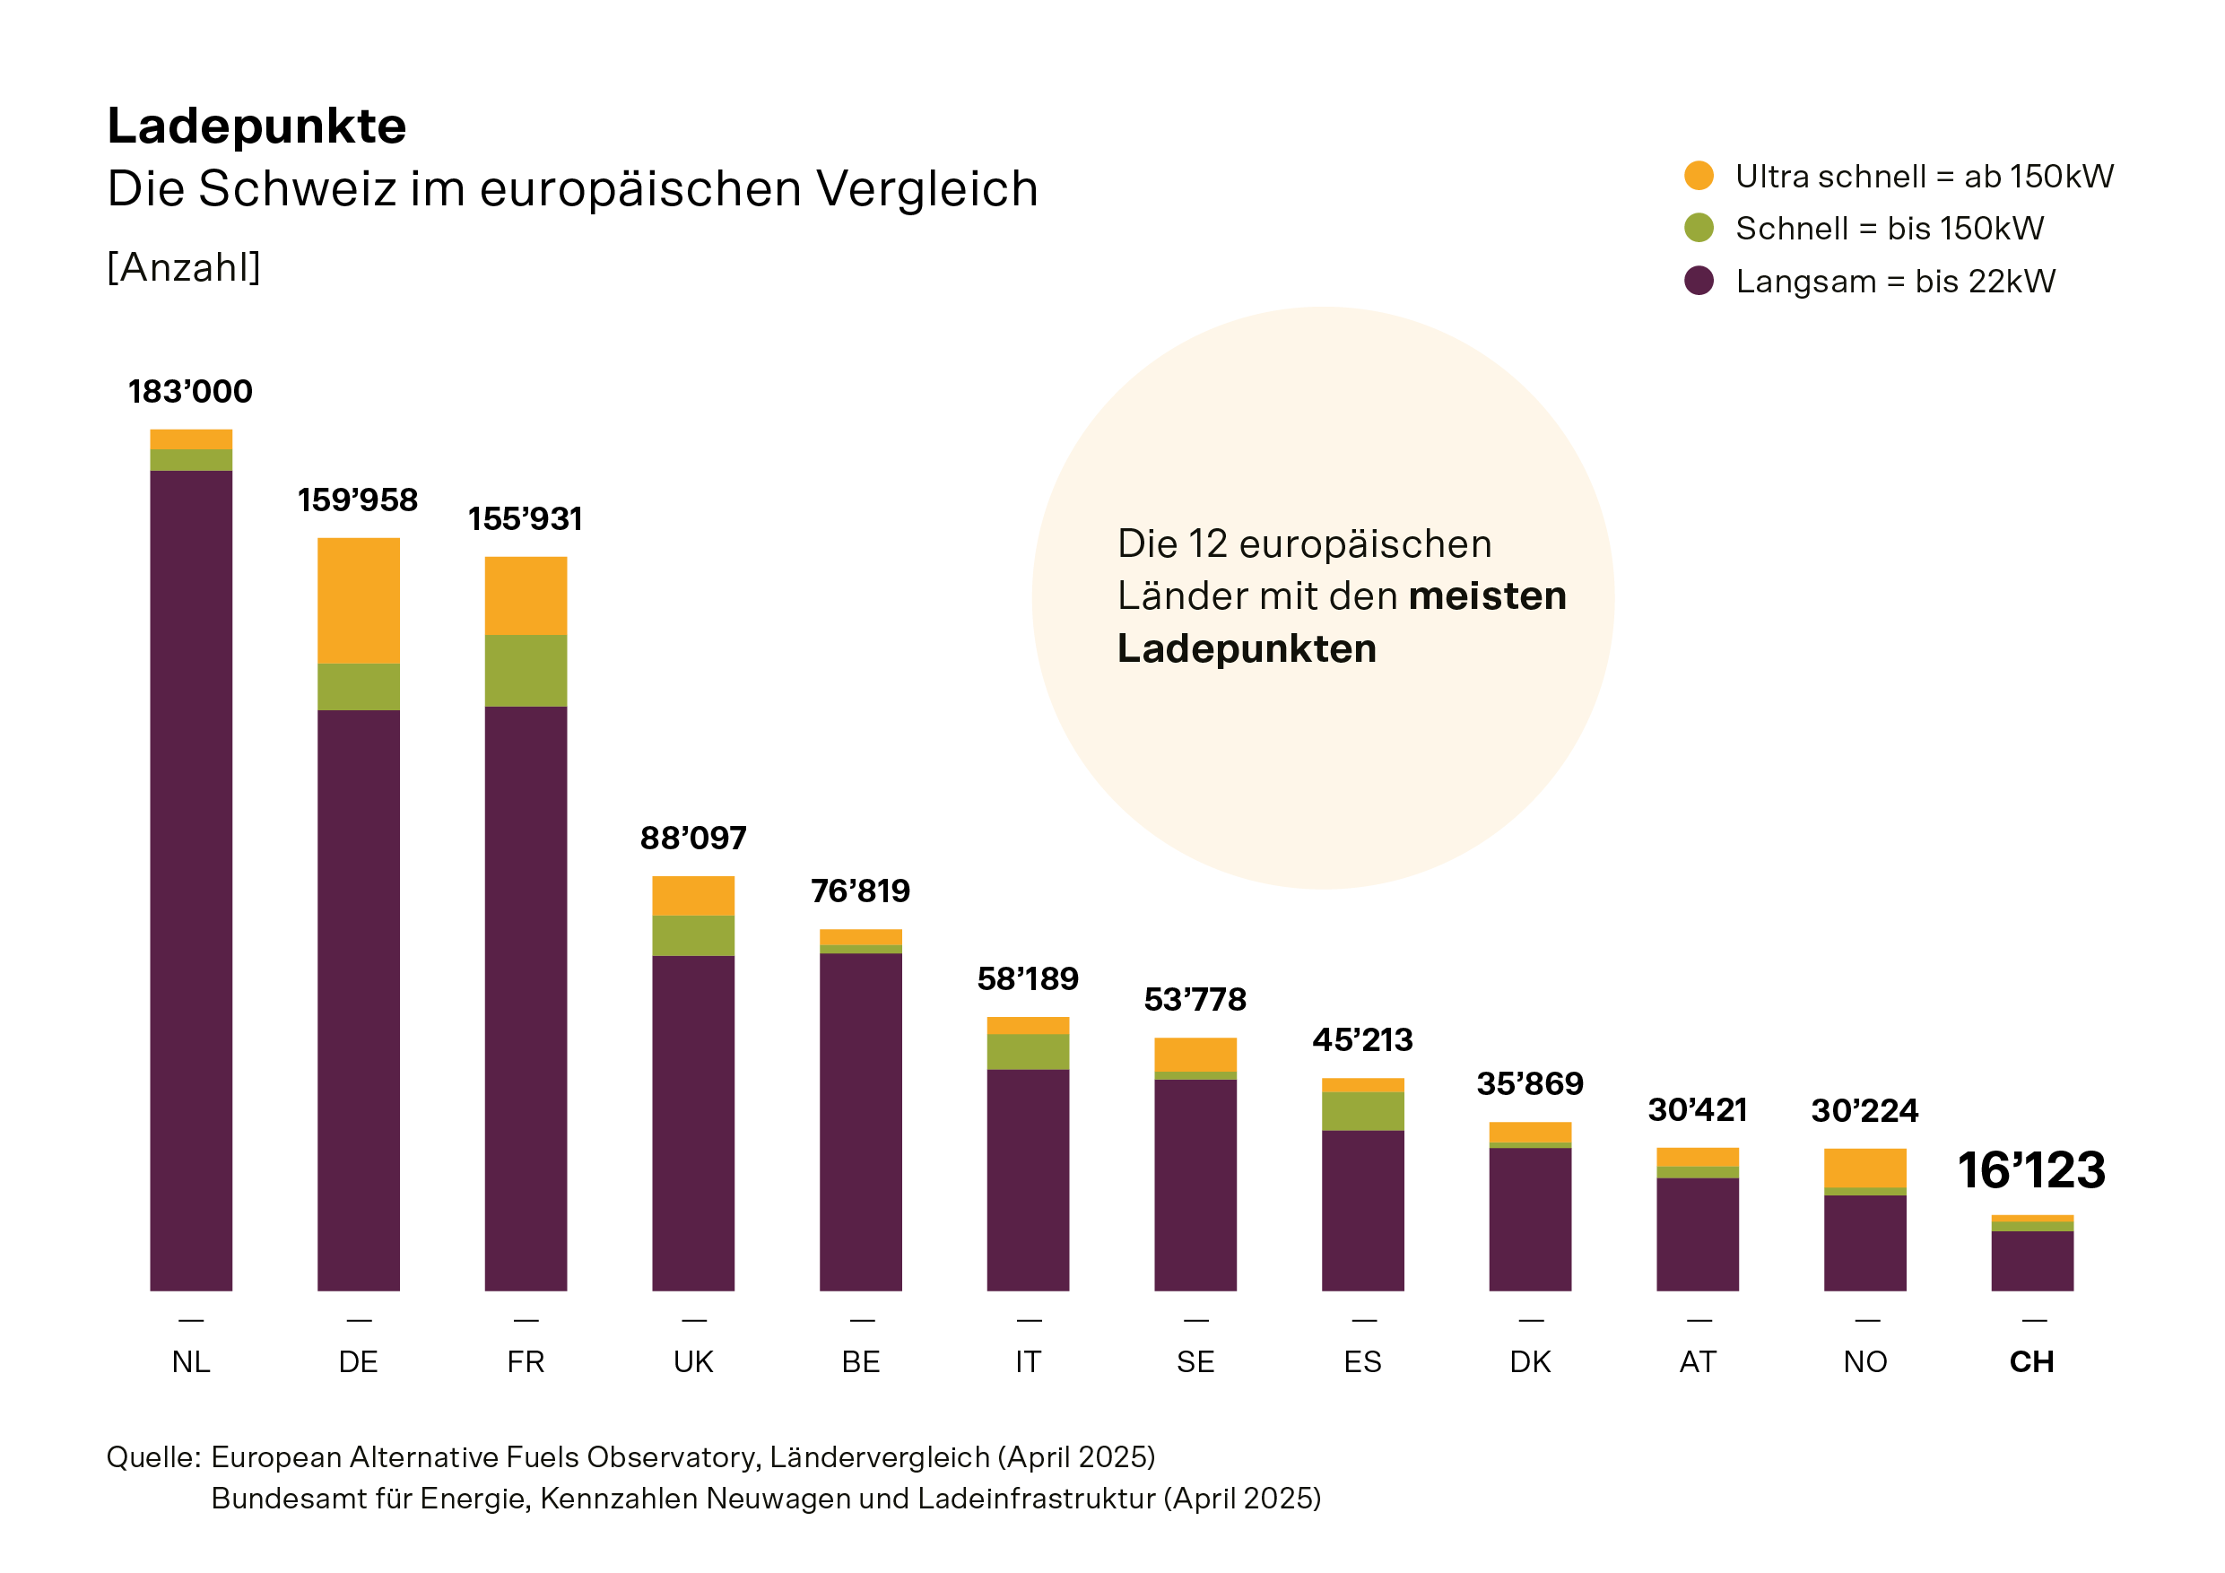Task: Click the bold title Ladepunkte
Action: [256, 126]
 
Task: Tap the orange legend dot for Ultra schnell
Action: [1699, 176]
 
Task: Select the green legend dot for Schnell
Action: [1699, 228]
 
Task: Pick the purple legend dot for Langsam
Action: [1699, 281]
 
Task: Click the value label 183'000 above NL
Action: [190, 392]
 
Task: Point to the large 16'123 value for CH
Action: [2031, 1169]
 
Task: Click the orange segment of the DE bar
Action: [359, 600]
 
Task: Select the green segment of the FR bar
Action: [526, 671]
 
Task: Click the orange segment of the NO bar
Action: [1864, 1168]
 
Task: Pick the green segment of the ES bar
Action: [1362, 1112]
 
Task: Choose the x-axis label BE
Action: [861, 1361]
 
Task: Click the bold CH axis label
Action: [2031, 1361]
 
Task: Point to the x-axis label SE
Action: [1195, 1361]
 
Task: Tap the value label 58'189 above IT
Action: [1027, 979]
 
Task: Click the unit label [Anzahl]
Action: [184, 267]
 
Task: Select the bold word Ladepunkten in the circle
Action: [1247, 648]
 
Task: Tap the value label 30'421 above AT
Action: [1697, 1109]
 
